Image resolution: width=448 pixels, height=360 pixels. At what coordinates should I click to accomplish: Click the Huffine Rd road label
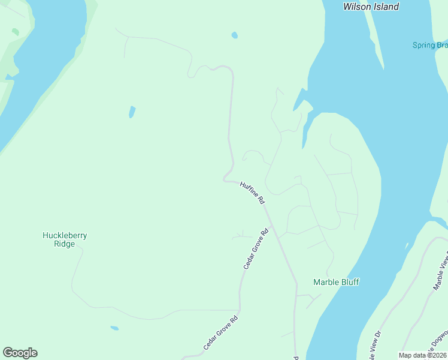pos(252,193)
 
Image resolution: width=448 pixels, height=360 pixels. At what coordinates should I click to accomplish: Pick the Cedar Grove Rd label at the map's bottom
pos(220,333)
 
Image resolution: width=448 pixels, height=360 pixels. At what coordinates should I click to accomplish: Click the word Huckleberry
pos(65,235)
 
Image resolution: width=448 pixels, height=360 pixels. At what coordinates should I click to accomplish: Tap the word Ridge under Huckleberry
pos(65,244)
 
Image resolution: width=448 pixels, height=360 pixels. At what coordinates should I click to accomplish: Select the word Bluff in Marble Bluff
pos(349,282)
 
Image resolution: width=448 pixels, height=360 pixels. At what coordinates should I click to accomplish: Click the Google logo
pos(20,353)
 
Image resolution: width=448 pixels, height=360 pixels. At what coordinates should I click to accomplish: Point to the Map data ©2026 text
pos(422,355)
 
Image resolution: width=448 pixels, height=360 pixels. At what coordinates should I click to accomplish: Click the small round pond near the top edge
pos(234,35)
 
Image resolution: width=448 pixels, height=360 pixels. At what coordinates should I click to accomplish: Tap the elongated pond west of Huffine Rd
pos(132,112)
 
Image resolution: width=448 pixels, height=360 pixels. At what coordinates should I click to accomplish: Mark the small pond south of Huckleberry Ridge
pos(114,328)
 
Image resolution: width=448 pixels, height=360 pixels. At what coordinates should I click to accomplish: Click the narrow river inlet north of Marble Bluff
pos(306,129)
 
